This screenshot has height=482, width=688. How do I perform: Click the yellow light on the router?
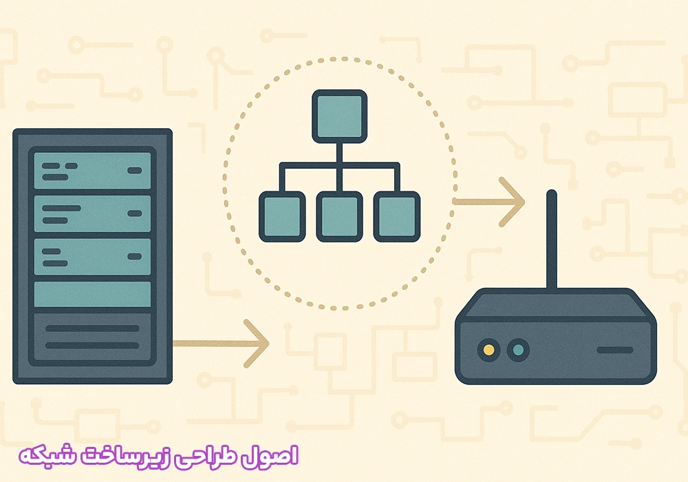(x=488, y=350)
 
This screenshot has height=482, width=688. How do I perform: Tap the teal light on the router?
(x=518, y=350)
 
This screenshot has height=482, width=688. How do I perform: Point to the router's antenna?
(x=552, y=240)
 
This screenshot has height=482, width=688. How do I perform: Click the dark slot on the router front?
(x=615, y=350)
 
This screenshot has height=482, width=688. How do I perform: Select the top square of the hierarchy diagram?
(x=340, y=116)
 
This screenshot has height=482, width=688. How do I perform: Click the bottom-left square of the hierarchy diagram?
(x=282, y=216)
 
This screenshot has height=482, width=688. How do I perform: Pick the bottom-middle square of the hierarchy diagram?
(x=340, y=216)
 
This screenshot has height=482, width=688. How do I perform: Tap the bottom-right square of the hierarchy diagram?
(x=397, y=216)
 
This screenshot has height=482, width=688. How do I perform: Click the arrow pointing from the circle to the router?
(x=488, y=202)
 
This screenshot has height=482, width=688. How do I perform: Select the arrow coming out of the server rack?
(x=221, y=344)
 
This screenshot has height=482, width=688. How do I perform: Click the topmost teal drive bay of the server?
(x=92, y=171)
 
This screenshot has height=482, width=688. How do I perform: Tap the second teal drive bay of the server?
(x=92, y=213)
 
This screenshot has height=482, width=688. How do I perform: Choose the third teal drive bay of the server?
(x=92, y=257)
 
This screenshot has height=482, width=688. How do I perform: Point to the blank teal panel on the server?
(x=92, y=294)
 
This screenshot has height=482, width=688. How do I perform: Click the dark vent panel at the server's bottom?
(x=92, y=337)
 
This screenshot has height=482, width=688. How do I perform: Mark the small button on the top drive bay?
(x=135, y=170)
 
